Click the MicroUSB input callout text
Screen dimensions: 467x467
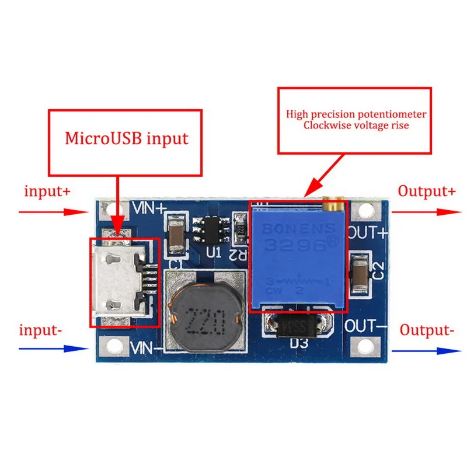click(x=127, y=139)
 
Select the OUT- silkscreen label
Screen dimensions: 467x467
click(x=366, y=325)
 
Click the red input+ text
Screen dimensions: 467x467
click(x=48, y=191)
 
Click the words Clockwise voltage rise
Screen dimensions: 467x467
click(x=356, y=125)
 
